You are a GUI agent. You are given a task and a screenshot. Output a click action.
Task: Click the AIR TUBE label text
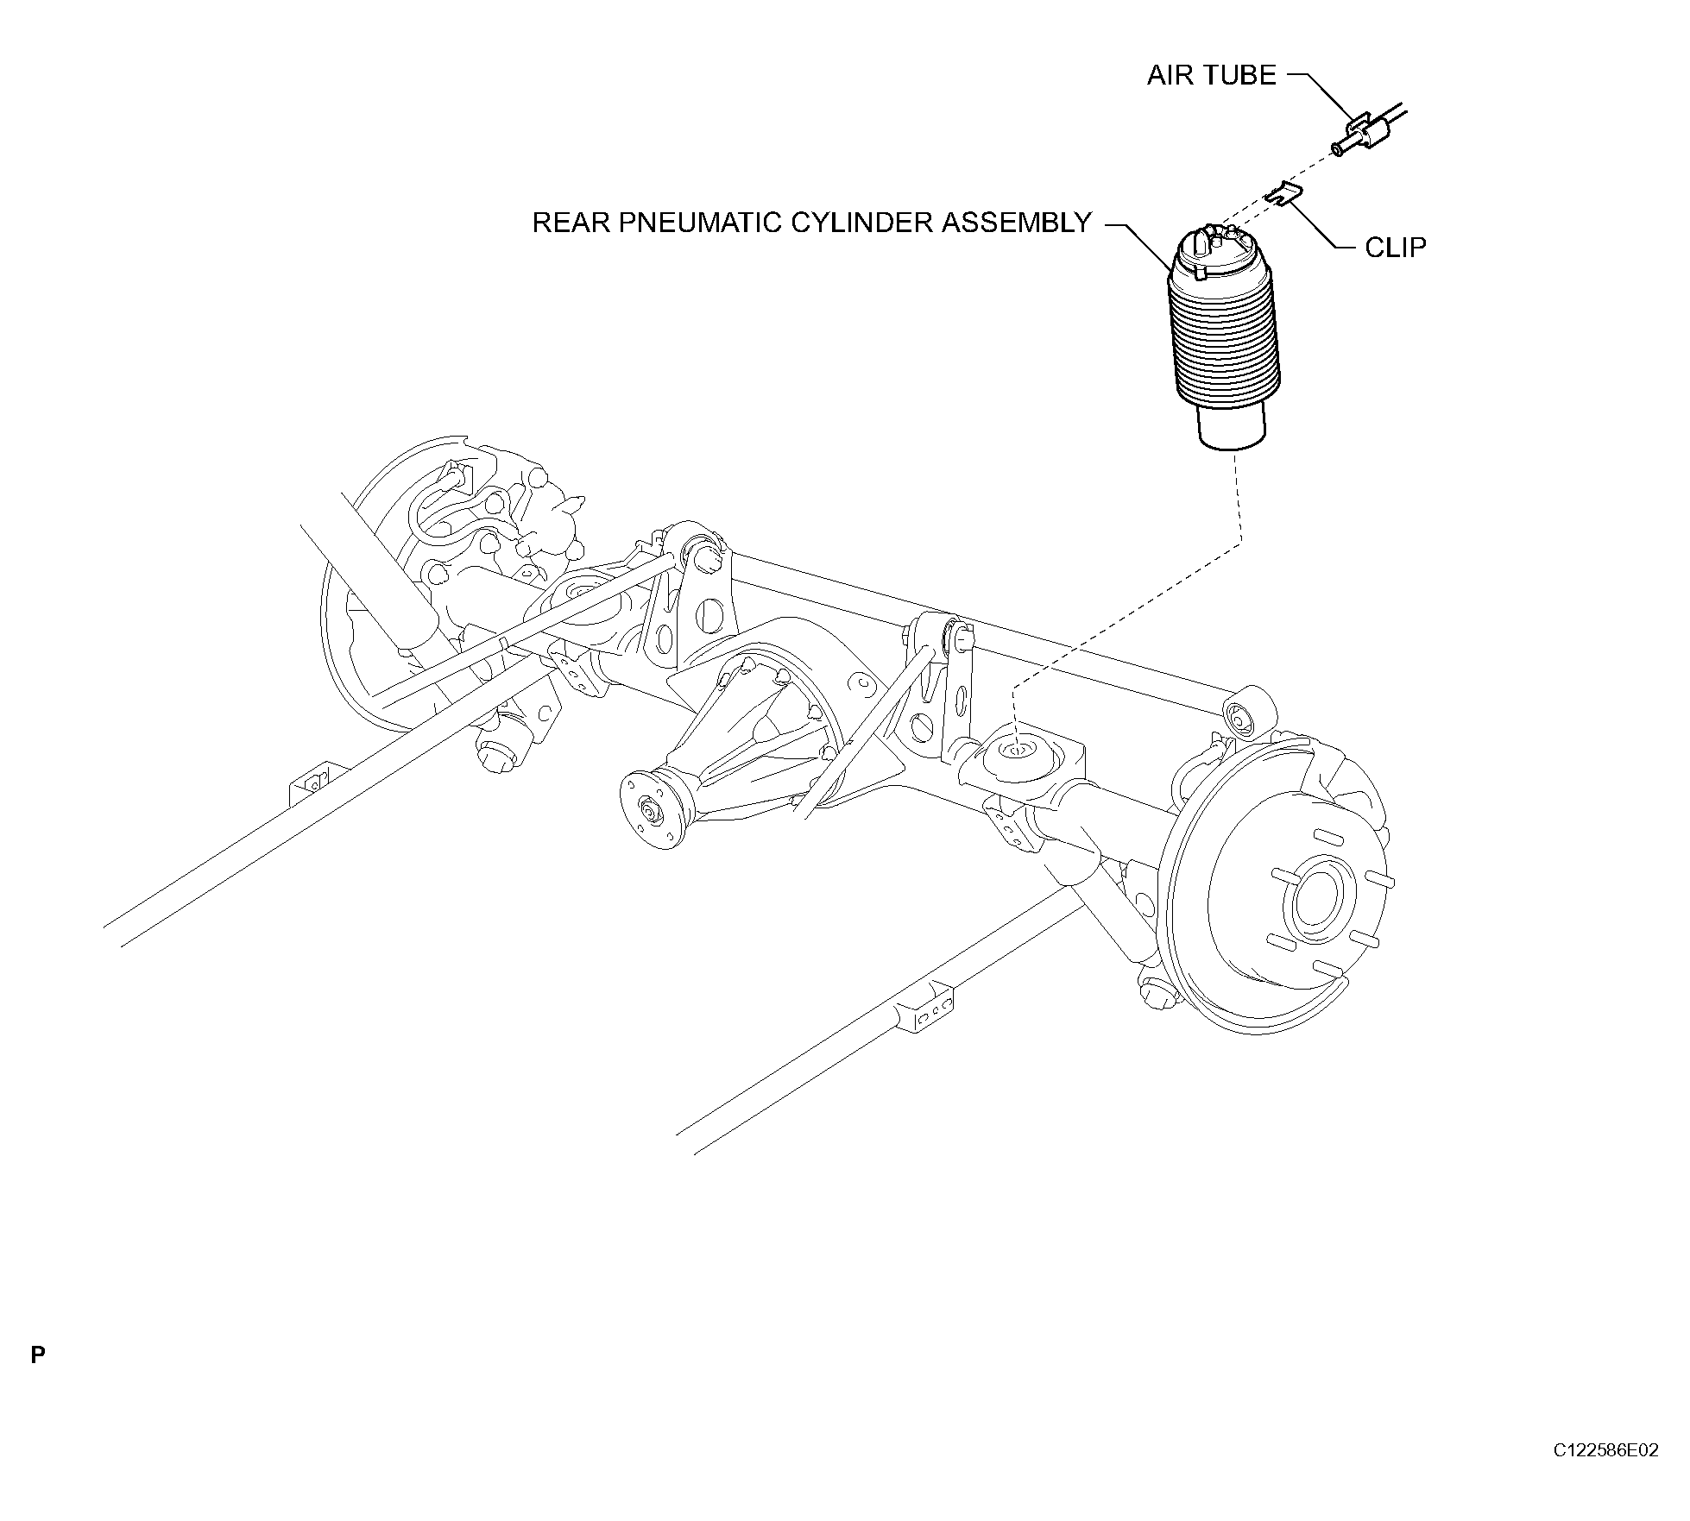[1211, 76]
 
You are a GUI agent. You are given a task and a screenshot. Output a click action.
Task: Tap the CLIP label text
[1396, 248]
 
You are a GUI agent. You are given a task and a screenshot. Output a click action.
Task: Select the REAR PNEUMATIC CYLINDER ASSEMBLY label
[812, 223]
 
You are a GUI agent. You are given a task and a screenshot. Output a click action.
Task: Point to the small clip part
[1283, 195]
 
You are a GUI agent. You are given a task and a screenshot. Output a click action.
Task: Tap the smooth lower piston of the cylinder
[1231, 428]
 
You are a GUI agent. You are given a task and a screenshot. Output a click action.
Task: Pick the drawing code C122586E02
[1605, 1474]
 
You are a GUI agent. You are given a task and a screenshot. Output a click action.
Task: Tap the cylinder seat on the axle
[1018, 752]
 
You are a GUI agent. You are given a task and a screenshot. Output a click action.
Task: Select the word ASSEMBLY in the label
[1017, 223]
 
